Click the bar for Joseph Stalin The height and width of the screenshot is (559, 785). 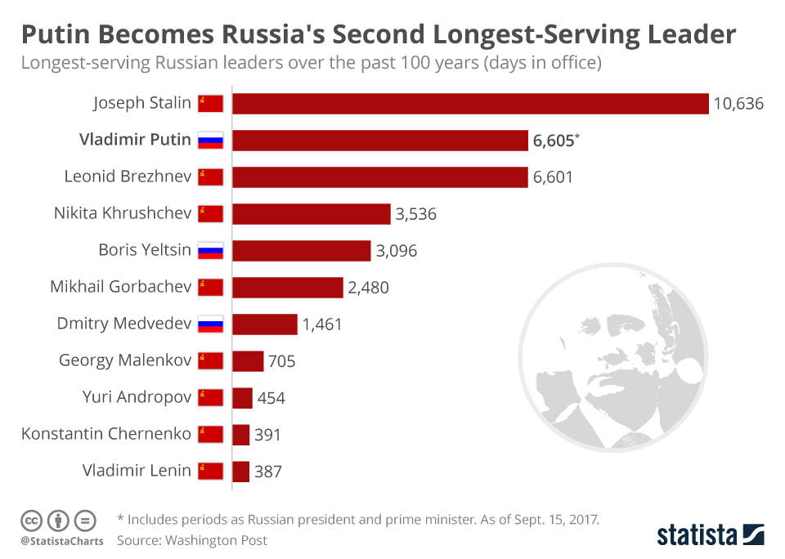470,104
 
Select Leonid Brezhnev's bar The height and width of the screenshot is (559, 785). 380,177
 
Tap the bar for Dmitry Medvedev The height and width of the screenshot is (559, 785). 265,324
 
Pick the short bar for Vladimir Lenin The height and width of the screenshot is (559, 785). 241,472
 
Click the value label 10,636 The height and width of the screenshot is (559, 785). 738,104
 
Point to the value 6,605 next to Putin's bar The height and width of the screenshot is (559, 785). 554,141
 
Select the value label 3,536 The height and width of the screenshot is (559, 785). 416,214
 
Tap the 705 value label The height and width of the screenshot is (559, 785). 281,361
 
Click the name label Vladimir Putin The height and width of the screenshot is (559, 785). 135,140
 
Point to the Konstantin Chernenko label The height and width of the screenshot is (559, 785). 106,434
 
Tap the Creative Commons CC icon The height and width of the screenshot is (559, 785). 31,520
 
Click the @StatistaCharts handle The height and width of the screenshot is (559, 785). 62,541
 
